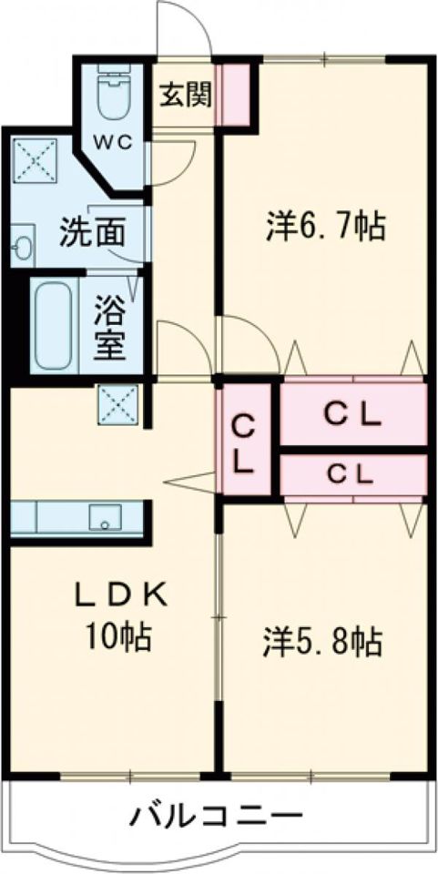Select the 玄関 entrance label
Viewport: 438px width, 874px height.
[x=186, y=96]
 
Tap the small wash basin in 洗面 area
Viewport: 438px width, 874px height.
[x=22, y=246]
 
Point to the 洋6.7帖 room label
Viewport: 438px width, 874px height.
[x=325, y=224]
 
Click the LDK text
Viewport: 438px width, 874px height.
[x=121, y=595]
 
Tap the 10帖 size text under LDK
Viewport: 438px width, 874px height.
[x=119, y=635]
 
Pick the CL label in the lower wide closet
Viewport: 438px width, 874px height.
[x=351, y=473]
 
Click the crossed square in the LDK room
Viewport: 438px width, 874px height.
[x=118, y=404]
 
